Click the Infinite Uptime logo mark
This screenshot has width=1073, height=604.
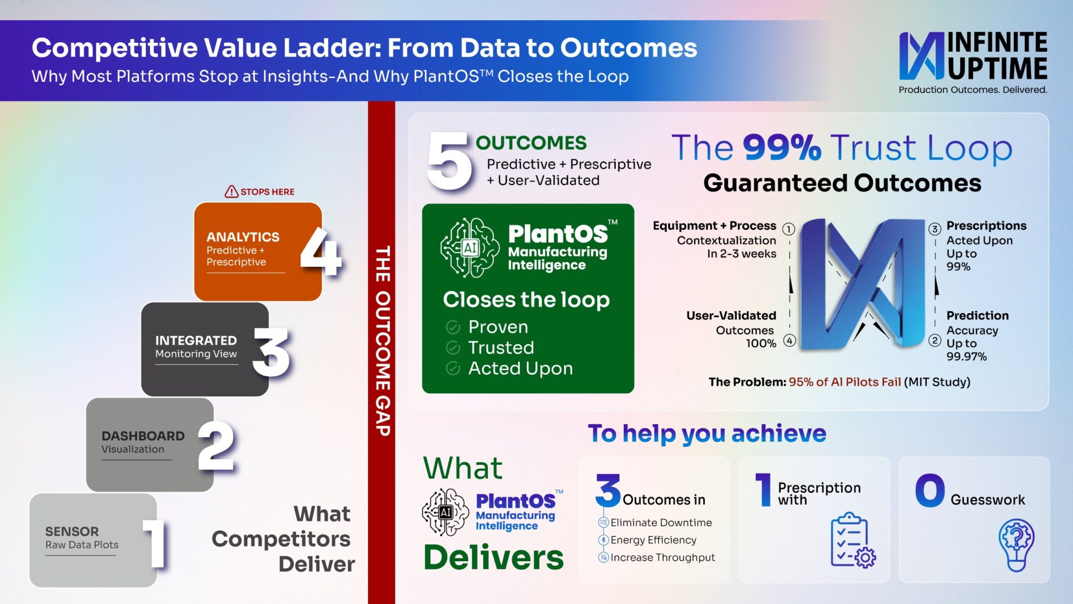pyautogui.click(x=922, y=56)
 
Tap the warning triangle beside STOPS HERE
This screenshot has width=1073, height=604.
pyautogui.click(x=231, y=191)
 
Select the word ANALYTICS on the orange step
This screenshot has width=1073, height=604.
pyautogui.click(x=243, y=237)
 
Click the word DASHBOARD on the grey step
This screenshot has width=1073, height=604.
pyautogui.click(x=143, y=436)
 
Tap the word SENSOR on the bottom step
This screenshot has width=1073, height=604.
pyautogui.click(x=72, y=531)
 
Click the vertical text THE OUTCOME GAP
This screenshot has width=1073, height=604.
pyautogui.click(x=383, y=340)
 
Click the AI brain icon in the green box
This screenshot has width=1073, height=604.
pyautogui.click(x=469, y=248)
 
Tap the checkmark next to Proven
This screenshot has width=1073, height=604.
pyautogui.click(x=453, y=327)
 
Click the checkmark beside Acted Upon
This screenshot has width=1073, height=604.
pyautogui.click(x=453, y=369)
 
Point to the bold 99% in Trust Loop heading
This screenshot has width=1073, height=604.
pyautogui.click(x=782, y=147)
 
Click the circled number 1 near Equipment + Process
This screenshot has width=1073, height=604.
pyautogui.click(x=789, y=229)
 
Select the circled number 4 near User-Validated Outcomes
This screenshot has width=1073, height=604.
pyautogui.click(x=790, y=340)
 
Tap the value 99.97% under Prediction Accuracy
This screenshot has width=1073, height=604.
pyautogui.click(x=967, y=357)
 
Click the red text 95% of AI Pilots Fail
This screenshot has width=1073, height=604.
pyautogui.click(x=845, y=382)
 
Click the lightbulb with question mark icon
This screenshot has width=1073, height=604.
pyautogui.click(x=1017, y=544)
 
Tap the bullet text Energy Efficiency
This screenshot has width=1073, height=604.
pyautogui.click(x=654, y=540)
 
